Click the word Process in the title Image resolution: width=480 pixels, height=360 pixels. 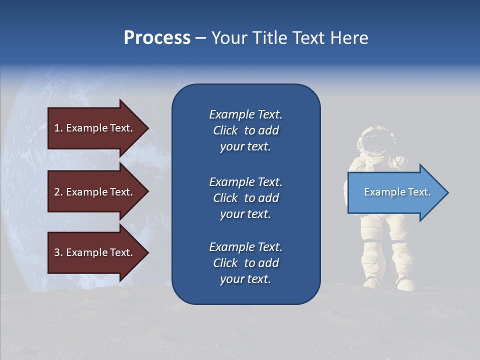(x=157, y=38)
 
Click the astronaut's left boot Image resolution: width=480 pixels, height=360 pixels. (x=372, y=283)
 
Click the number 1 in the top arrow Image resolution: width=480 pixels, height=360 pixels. (x=56, y=128)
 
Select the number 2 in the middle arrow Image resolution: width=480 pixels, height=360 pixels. (x=56, y=192)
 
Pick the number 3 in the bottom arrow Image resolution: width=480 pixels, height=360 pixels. (x=56, y=252)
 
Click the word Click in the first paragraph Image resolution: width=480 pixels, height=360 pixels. (x=225, y=130)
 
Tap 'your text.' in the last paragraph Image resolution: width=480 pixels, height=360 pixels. (x=245, y=279)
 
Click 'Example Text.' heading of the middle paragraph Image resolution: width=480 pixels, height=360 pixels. (x=245, y=182)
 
